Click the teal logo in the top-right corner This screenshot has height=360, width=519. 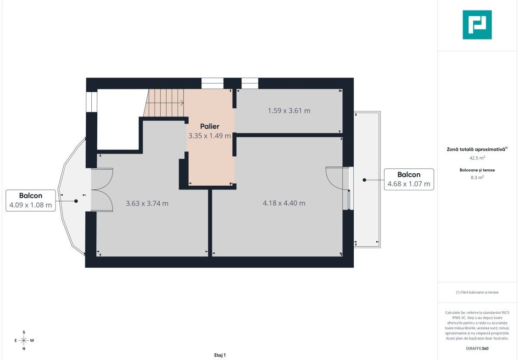477,25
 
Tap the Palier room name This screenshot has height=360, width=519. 210,127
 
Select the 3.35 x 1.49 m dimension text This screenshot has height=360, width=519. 210,136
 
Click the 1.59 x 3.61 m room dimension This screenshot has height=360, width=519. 289,111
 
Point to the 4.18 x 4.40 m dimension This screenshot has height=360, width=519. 284,203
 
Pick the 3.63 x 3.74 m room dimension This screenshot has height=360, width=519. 147,203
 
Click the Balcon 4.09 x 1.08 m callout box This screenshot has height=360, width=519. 31,200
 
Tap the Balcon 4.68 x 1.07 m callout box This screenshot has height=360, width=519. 409,179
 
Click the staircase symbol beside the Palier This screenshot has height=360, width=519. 164,103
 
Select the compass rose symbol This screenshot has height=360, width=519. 24,340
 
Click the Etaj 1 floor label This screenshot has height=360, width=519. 220,355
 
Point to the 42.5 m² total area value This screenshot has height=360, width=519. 477,158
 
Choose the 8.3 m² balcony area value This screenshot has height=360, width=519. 477,177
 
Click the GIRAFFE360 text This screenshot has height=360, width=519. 477,349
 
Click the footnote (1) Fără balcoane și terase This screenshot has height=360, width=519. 477,292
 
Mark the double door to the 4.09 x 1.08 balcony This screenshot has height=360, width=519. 102,189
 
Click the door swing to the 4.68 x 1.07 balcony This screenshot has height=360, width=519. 337,178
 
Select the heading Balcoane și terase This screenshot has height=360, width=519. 477,170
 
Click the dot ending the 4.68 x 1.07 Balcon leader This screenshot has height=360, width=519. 364,180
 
